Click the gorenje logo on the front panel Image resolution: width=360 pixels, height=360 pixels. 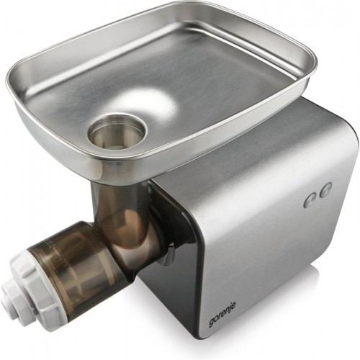pyautogui.click(x=222, y=313)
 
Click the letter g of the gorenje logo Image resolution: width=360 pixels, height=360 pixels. pyautogui.click(x=212, y=322)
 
